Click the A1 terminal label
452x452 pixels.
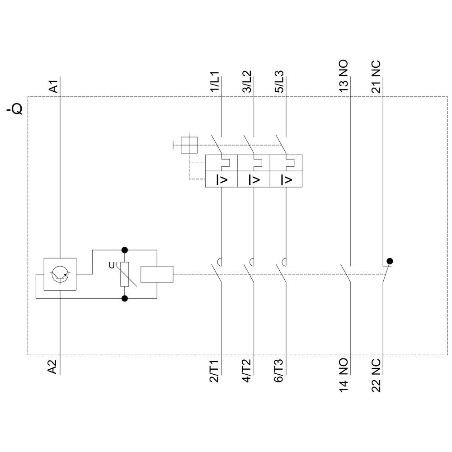[53, 86]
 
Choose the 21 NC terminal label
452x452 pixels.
[376, 77]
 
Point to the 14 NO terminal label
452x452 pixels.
[344, 374]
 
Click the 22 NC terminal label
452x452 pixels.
[376, 375]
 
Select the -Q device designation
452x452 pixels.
[14, 110]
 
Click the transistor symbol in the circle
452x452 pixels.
[60, 274]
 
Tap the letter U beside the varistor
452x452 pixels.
[112, 265]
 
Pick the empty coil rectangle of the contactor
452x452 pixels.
[157, 274]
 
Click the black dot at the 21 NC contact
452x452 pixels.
[390, 261]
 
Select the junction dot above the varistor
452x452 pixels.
[125, 250]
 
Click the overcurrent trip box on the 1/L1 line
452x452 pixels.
[221, 179]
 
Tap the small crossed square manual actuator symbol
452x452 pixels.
[188, 145]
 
